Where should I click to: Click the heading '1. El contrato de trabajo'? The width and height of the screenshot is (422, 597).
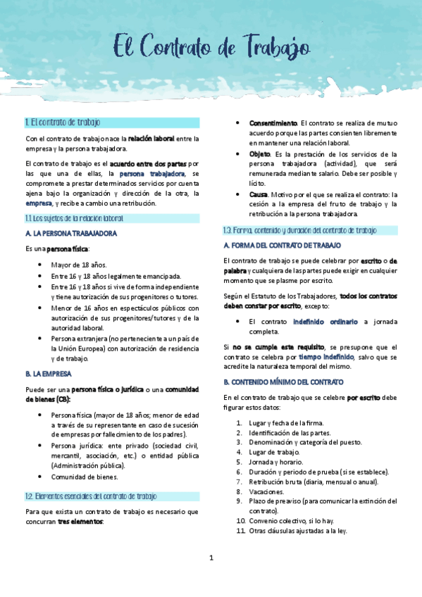point(63,122)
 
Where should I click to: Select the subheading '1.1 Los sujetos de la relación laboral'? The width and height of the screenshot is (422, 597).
point(74,218)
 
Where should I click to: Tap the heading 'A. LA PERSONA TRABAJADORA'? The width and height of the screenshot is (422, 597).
point(70,233)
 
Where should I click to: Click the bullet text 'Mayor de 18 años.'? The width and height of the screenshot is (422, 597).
point(79,265)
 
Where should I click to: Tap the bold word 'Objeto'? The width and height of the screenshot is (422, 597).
point(259,154)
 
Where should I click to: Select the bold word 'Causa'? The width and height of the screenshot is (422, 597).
point(258,194)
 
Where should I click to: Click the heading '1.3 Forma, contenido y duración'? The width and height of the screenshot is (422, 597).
point(299,230)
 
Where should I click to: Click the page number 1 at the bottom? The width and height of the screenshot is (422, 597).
point(211,558)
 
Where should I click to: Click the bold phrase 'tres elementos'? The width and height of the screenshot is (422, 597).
point(80,522)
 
